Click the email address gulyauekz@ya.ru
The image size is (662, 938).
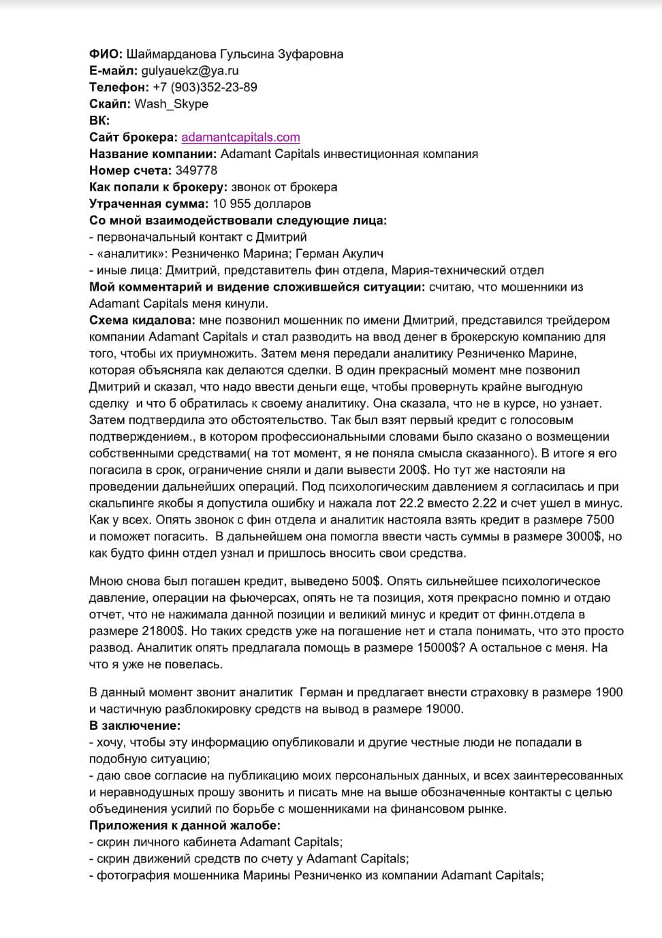coord(189,71)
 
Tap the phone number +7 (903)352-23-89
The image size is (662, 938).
coord(204,87)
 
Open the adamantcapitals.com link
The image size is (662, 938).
coord(240,138)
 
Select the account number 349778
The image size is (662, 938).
coord(196,171)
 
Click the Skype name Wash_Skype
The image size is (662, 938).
coord(171,104)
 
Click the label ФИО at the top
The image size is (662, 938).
coord(106,54)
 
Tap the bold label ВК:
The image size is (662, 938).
coord(99,120)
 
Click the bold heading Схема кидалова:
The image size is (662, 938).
coord(143,320)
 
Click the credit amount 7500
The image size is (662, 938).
coord(599,519)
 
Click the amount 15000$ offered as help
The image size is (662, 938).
coord(437,647)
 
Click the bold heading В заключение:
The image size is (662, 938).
coord(135,726)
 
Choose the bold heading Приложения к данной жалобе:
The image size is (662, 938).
coord(185,826)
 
